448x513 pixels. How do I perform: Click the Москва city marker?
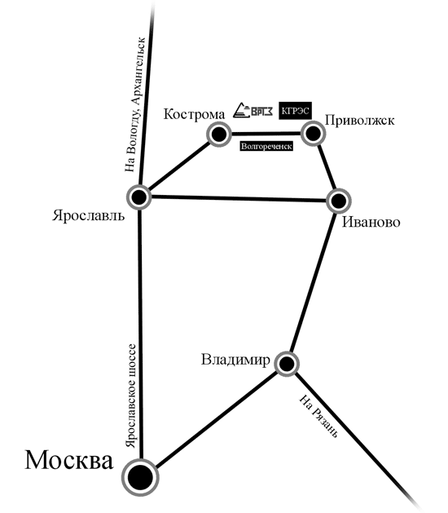click(140, 477)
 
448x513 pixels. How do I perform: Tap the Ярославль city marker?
click(139, 197)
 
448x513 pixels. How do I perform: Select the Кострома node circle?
click(219, 134)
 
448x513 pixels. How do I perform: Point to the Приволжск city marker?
click(313, 133)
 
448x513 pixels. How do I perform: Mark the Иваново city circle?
click(339, 201)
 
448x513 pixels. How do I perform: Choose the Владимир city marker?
click(287, 364)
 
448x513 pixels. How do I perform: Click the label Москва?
click(69, 460)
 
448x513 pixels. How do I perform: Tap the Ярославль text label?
click(89, 216)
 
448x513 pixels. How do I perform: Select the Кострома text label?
click(194, 114)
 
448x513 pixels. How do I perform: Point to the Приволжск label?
click(360, 121)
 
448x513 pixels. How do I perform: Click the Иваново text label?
click(371, 223)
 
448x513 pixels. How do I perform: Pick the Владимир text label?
click(235, 360)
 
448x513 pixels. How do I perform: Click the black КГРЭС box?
click(295, 111)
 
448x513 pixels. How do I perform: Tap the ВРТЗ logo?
click(253, 110)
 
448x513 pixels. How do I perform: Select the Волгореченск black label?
click(266, 146)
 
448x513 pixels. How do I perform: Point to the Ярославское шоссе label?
click(131, 396)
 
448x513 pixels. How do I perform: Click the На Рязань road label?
click(318, 416)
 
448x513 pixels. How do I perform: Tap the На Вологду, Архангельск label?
click(134, 104)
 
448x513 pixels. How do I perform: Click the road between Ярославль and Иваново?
click(239, 198)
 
